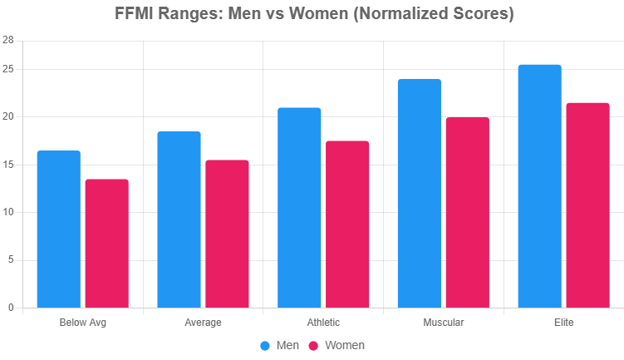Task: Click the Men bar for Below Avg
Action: [x=59, y=229]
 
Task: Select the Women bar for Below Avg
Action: [x=107, y=244]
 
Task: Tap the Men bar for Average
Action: [x=179, y=219]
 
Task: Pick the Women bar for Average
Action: [x=227, y=234]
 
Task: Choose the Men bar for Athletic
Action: [x=299, y=208]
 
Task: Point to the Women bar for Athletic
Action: [x=347, y=224]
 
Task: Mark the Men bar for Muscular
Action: [x=420, y=194]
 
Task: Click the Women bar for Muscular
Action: [x=468, y=213]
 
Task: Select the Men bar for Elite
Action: [x=539, y=186]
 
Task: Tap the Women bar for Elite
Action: [x=587, y=205]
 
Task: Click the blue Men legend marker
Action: [x=265, y=345]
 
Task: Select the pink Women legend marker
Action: [x=314, y=345]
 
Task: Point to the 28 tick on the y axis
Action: [x=8, y=40]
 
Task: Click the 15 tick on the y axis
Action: [x=8, y=165]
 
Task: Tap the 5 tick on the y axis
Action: [x=11, y=260]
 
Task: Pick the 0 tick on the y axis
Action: [x=11, y=308]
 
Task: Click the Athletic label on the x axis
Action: [x=323, y=323]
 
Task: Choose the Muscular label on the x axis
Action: [x=444, y=323]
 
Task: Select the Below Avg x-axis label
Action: [x=83, y=323]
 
